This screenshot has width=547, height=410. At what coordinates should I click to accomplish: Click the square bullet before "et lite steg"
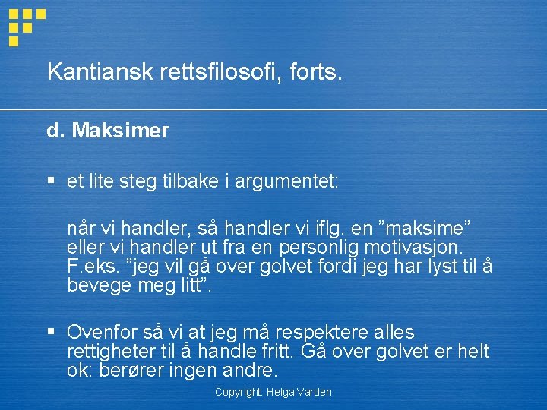point(51,181)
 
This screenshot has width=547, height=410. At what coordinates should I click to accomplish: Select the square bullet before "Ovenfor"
point(51,331)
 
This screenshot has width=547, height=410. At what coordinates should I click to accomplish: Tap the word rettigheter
point(119,352)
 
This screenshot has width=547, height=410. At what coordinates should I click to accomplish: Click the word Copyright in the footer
point(239,392)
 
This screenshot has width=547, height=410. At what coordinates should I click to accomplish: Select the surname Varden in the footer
point(315,392)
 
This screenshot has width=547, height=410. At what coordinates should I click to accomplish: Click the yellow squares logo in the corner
point(25,26)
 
